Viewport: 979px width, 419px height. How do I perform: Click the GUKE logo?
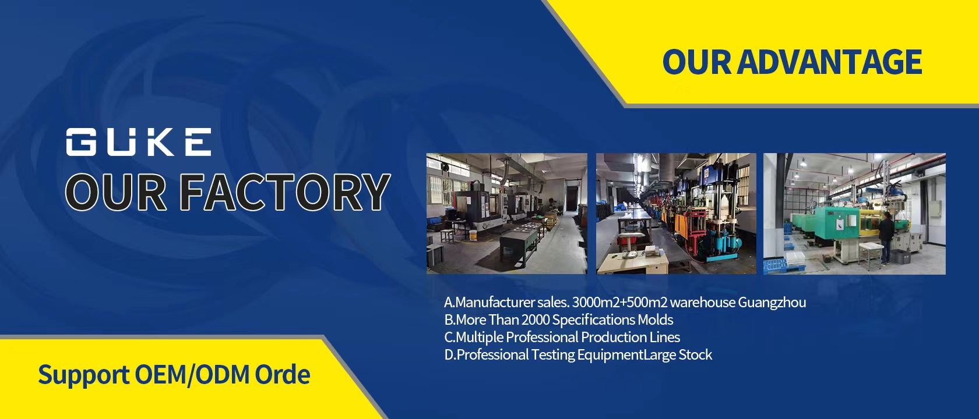(x=139, y=141)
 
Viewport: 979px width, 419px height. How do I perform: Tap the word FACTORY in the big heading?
(x=284, y=191)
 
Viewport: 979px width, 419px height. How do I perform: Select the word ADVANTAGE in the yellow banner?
(x=830, y=62)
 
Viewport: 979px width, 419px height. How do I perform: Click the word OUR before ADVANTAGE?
(x=697, y=62)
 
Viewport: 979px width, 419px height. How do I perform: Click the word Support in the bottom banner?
(x=83, y=375)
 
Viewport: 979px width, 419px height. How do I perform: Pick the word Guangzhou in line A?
(x=772, y=303)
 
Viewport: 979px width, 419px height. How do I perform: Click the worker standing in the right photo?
(x=886, y=239)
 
